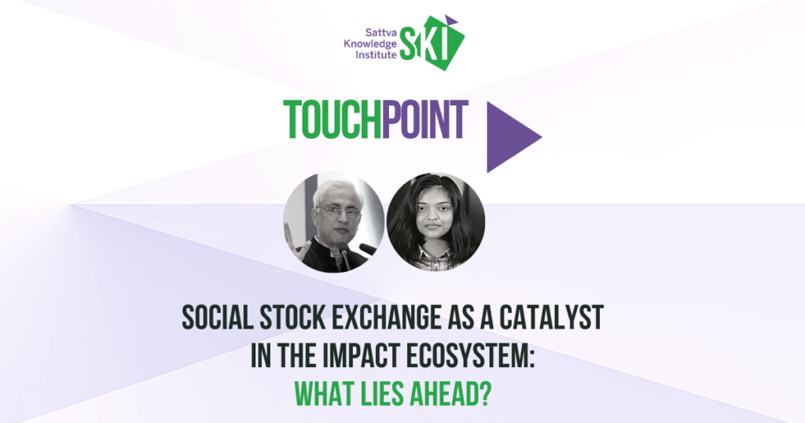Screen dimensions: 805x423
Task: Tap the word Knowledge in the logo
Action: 370,44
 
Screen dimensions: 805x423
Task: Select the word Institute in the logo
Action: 377,54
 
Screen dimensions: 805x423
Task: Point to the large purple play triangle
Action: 511,137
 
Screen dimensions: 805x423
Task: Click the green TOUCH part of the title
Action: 333,120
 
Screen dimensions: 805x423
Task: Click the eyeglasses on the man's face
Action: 337,211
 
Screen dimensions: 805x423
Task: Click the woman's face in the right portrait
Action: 434,215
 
